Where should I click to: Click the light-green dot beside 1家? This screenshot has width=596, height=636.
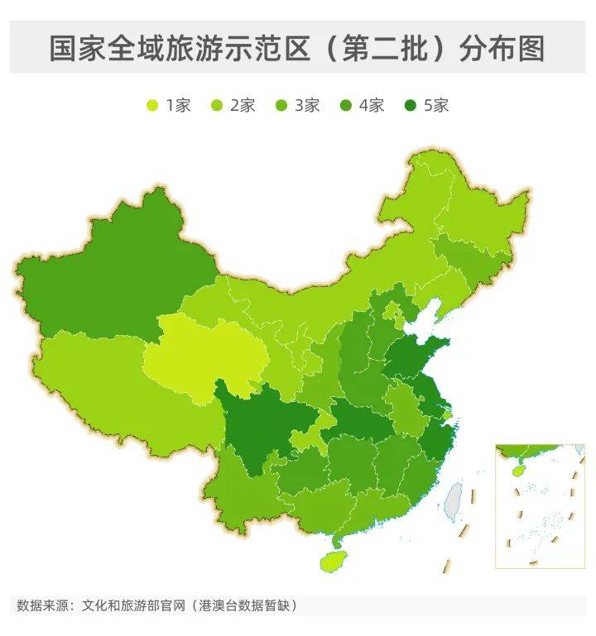tap(152, 105)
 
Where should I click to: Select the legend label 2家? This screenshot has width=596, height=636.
tap(243, 105)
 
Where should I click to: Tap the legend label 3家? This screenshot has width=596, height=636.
tap(307, 105)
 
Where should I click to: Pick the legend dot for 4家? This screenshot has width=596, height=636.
tap(346, 105)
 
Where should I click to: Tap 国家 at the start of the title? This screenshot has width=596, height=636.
tap(77, 49)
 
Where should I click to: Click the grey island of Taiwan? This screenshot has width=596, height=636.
tap(453, 501)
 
